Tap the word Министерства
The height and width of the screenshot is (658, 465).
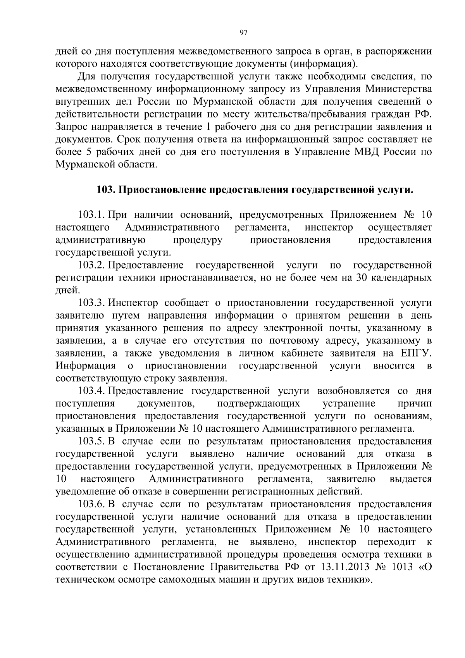coord(399,89)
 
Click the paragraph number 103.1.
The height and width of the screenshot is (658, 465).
coord(91,215)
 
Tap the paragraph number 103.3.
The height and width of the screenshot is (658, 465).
coord(92,303)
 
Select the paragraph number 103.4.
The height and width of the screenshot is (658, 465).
coord(92,391)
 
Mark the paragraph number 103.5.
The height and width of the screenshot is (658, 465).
coord(92,441)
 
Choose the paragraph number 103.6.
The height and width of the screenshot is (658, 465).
coord(92,504)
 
